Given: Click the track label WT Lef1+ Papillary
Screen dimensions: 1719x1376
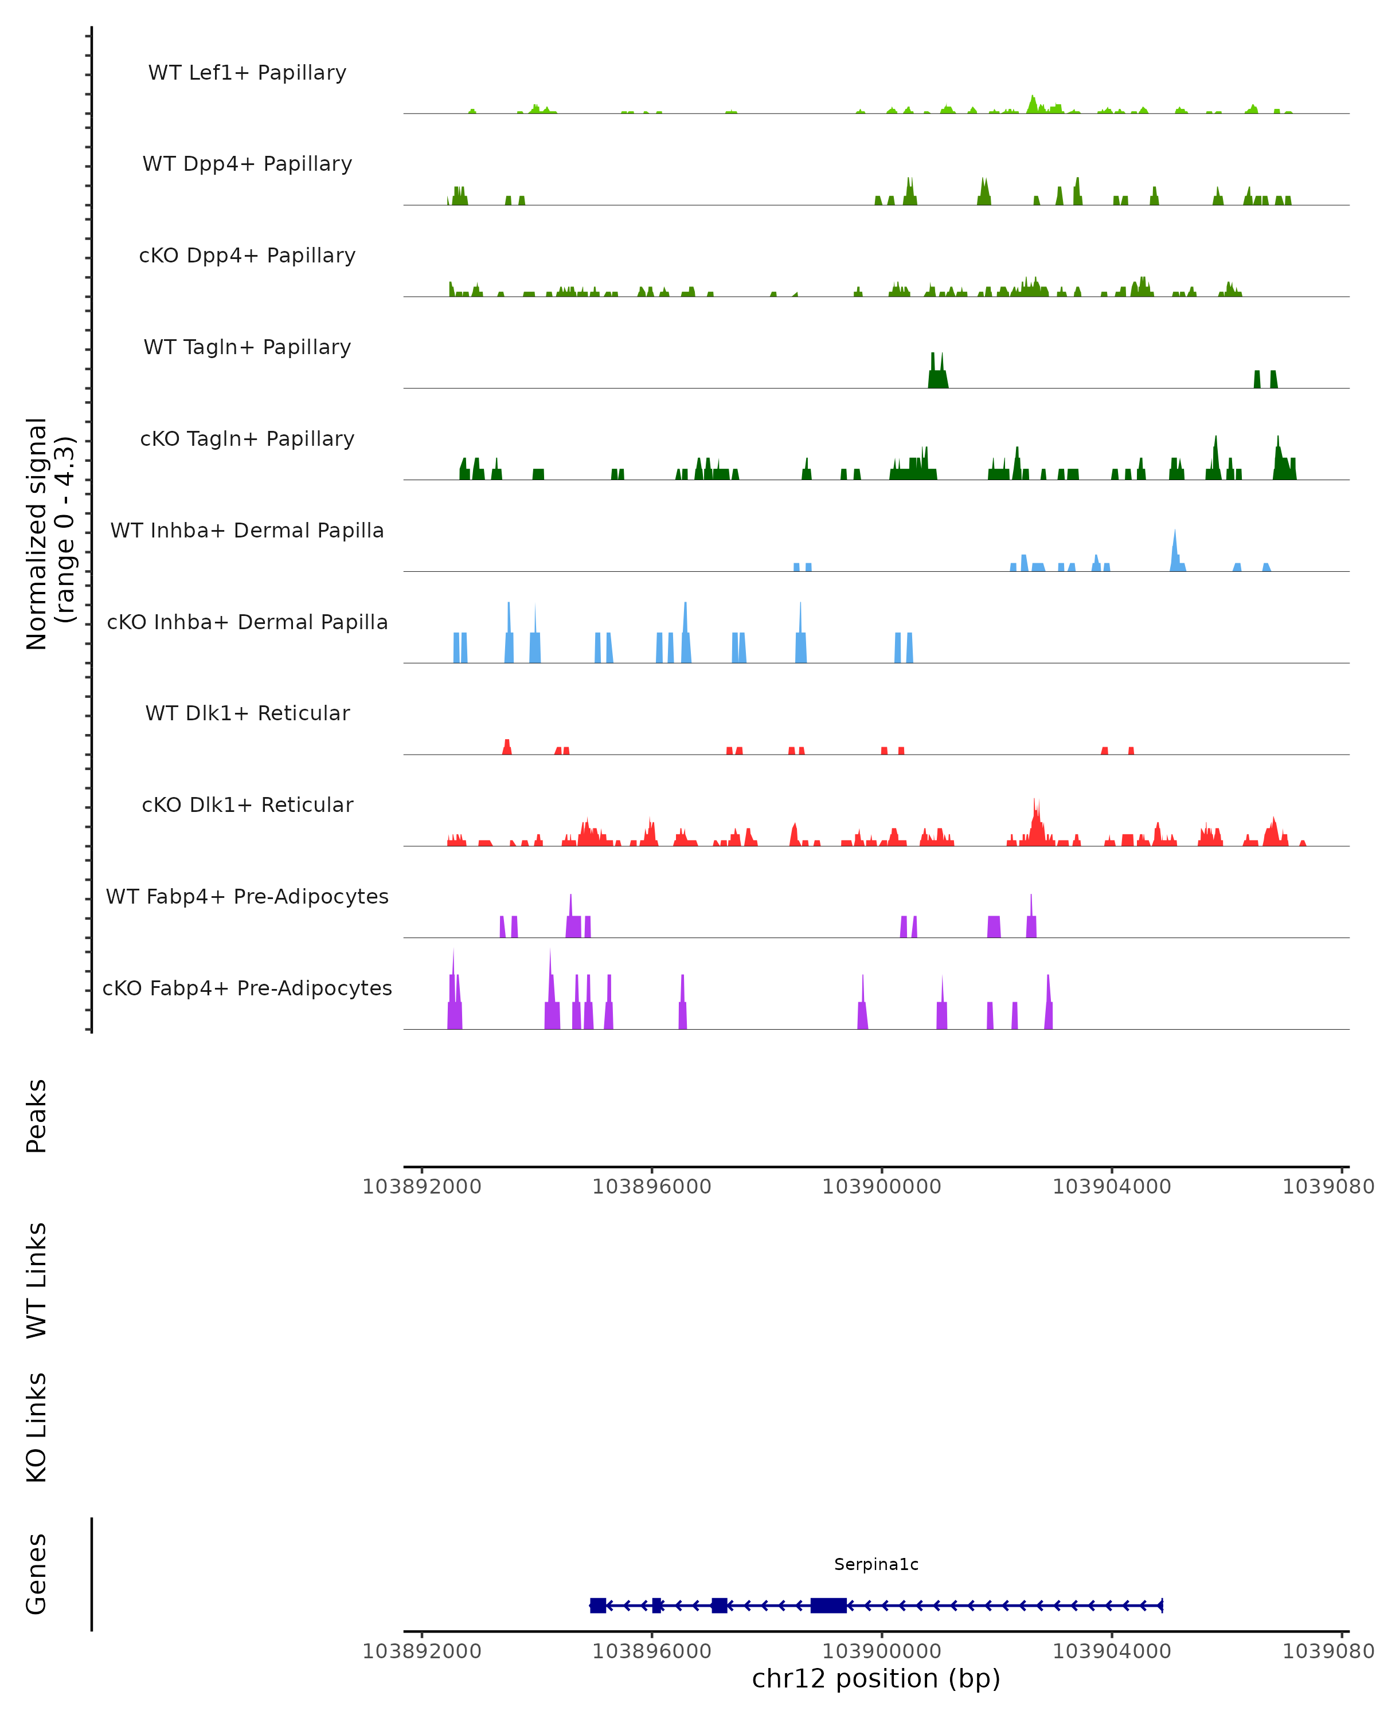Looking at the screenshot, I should (247, 73).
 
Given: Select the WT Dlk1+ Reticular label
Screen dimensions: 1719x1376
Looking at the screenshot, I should (247, 713).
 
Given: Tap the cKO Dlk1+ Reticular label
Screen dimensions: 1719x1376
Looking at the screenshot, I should (247, 804).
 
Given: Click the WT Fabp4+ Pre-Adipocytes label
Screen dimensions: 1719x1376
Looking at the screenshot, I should (247, 896).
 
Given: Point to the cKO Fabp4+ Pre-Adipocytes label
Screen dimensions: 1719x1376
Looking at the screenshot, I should (247, 988).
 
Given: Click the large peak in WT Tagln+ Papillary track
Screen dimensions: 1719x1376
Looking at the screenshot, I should (937, 375).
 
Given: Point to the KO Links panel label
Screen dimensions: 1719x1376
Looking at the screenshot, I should (37, 1427).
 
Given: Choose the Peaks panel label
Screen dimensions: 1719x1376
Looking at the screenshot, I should (37, 1116).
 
